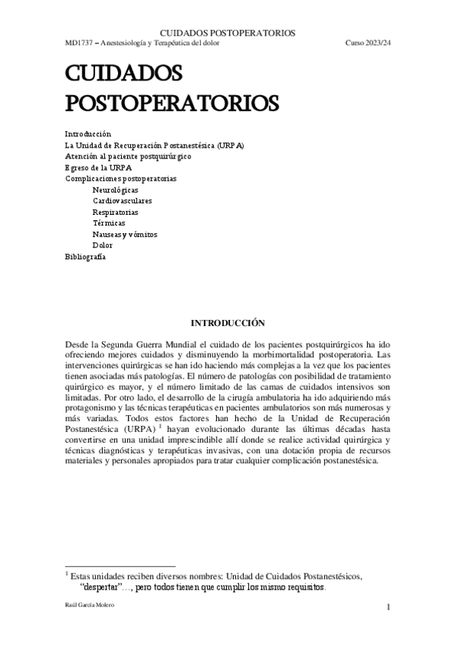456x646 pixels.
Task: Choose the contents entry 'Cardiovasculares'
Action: pos(123,200)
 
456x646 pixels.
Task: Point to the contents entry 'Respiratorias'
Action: pos(116,212)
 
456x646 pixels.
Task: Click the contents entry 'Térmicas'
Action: pos(109,223)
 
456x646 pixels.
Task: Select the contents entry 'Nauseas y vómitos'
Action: pos(125,235)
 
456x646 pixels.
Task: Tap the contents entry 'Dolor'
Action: pos(103,245)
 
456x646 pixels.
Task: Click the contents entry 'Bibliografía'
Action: pos(85,257)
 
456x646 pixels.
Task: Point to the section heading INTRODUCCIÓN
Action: pos(227,322)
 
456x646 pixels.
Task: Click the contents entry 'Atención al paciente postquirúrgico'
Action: pos(128,155)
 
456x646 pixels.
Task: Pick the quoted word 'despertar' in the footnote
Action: pos(103,588)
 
